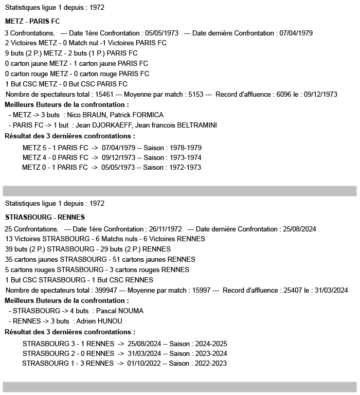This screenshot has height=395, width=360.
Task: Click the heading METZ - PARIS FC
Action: coord(32,22)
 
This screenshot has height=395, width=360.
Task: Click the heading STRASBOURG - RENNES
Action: coord(45,217)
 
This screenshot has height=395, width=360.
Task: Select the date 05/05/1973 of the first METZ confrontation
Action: coord(162,33)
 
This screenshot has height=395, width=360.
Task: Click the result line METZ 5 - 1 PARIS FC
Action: coord(55,148)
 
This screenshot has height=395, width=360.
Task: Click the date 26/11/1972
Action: coord(166,229)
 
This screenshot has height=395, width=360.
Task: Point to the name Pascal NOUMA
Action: coord(119,311)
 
